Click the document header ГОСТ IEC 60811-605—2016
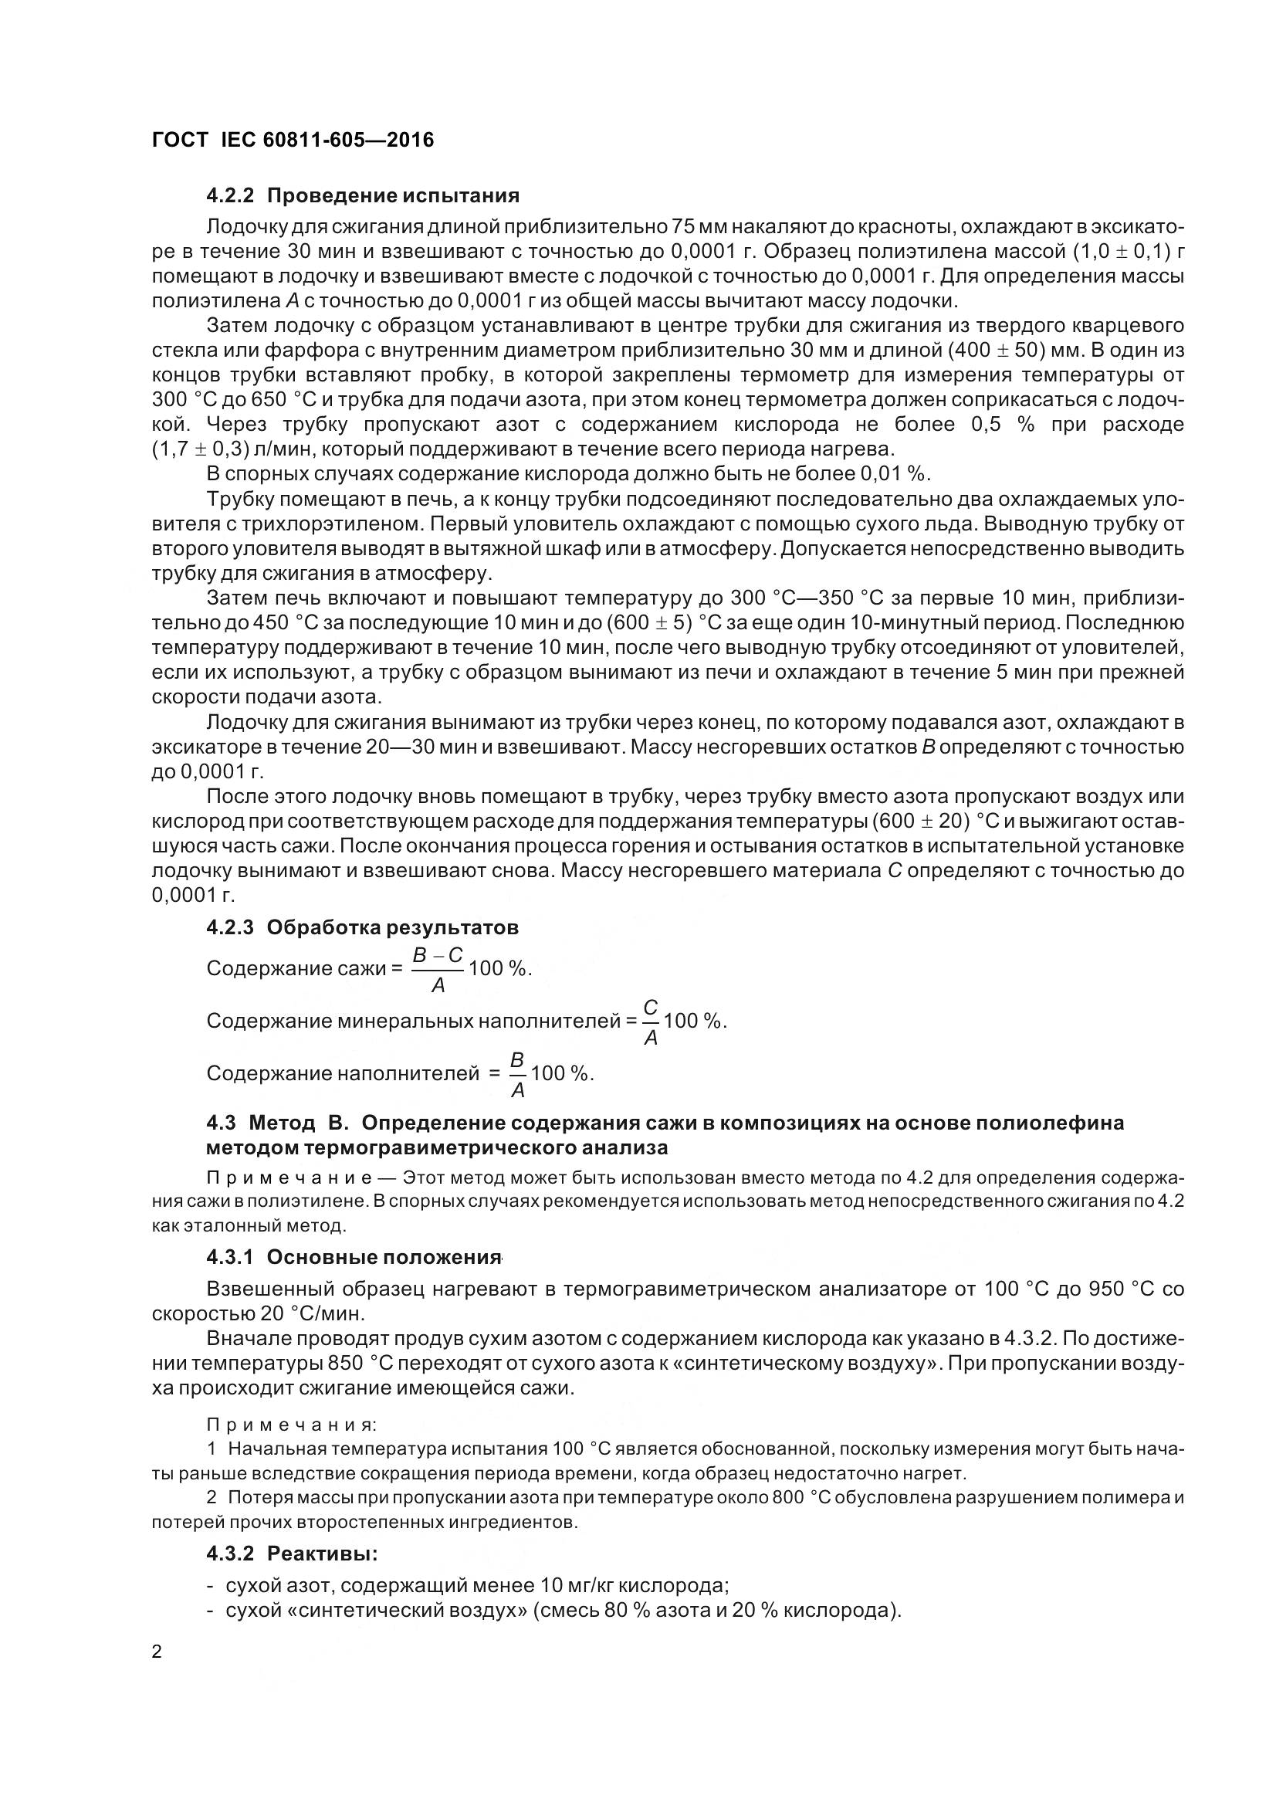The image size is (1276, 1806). tap(293, 140)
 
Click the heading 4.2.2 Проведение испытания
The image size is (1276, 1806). tap(363, 195)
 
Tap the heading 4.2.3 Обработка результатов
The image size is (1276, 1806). tap(363, 927)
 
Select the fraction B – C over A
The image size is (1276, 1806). tap(438, 969)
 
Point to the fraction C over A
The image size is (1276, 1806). tap(650, 1022)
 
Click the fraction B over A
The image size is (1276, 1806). tap(517, 1075)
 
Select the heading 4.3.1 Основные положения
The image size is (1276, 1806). tap(353, 1257)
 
